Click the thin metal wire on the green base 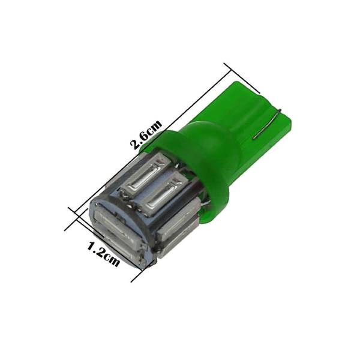pyautogui.click(x=266, y=124)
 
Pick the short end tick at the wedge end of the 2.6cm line pyautogui.click(x=242, y=78)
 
